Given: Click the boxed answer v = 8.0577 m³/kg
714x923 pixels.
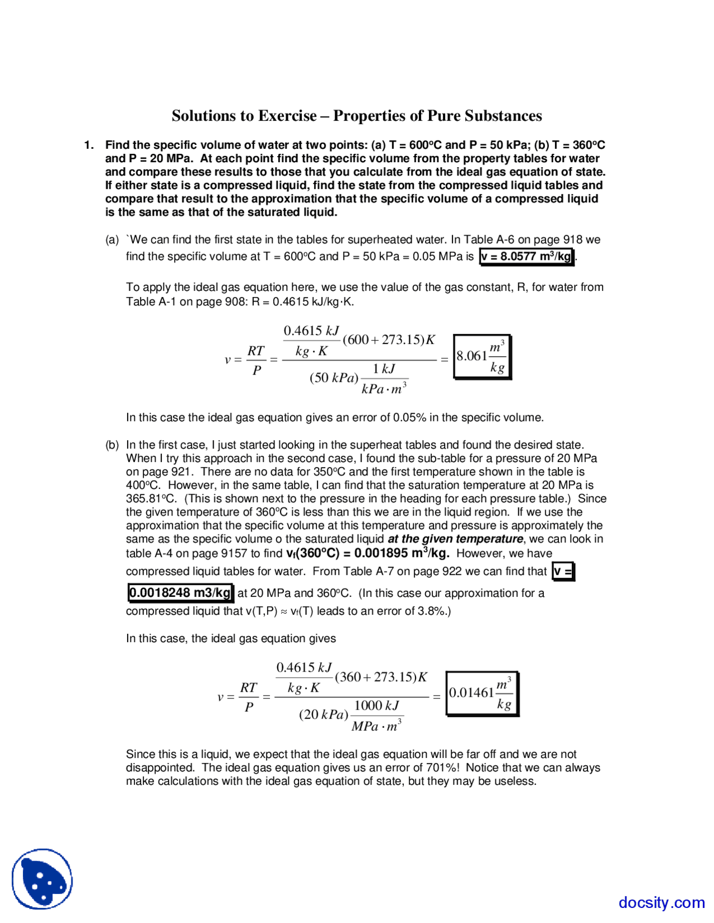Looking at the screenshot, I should tap(527, 256).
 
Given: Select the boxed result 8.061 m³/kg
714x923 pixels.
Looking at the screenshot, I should tap(481, 356).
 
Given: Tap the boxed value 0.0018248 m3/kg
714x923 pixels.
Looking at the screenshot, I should tap(180, 592).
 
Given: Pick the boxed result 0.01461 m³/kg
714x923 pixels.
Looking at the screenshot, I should tap(481, 693).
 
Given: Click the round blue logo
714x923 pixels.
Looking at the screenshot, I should tap(42, 879).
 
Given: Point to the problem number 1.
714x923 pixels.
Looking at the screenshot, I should tap(89, 145).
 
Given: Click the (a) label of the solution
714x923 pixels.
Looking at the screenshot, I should tap(112, 240).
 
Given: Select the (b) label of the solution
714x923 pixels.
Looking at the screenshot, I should tap(112, 445).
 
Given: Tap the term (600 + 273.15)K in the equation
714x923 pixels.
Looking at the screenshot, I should tap(389, 339).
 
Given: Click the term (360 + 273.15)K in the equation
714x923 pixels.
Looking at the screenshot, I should tap(381, 677).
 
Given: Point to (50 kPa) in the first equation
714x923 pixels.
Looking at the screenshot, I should tap(334, 378).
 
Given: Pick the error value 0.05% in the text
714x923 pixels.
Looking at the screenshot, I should tap(409, 417).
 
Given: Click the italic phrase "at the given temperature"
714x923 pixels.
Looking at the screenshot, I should tap(455, 539).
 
